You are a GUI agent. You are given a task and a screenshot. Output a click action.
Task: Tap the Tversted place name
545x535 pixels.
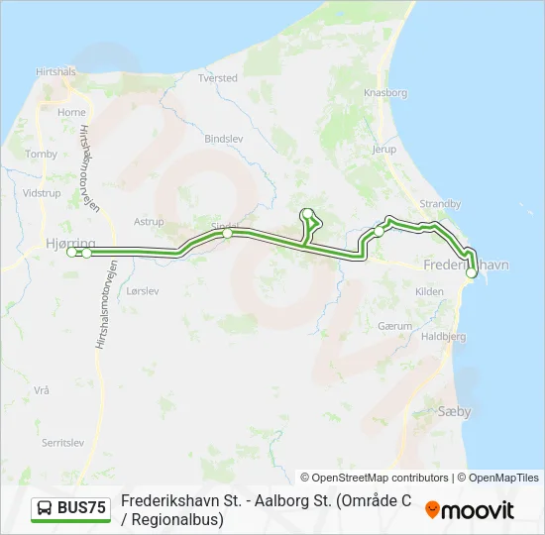click(x=218, y=77)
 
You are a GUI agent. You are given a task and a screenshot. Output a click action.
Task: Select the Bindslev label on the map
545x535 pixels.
click(x=223, y=139)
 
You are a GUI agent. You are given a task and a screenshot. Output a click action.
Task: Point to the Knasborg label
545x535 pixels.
click(x=385, y=92)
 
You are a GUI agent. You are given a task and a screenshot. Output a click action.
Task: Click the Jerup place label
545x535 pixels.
click(x=383, y=150)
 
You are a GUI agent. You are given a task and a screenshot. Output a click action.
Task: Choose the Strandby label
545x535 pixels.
click(x=440, y=203)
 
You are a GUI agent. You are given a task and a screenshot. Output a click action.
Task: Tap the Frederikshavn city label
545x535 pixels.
click(x=464, y=266)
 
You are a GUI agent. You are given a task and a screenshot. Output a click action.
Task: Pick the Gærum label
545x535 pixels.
click(x=393, y=326)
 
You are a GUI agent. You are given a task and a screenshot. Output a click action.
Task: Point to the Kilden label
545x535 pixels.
click(x=429, y=291)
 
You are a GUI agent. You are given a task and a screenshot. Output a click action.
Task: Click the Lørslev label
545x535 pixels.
click(x=143, y=291)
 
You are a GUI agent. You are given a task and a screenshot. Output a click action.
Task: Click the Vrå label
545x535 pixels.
click(x=41, y=390)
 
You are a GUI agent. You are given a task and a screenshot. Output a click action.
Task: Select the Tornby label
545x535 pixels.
click(x=42, y=154)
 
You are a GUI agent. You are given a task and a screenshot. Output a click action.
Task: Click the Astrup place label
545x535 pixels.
click(x=149, y=222)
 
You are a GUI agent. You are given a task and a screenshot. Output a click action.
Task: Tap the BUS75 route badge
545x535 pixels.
click(x=70, y=509)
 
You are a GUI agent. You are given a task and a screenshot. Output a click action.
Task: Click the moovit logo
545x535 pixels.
click(x=470, y=509)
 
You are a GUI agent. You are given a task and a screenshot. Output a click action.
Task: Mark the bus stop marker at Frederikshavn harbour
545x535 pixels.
click(x=472, y=272)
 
